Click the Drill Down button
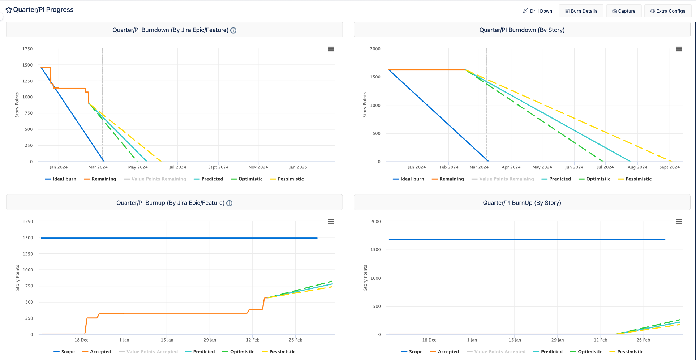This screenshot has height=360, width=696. pos(537,11)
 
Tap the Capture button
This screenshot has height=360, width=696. pos(624,11)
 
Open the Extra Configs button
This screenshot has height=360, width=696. pos(668,11)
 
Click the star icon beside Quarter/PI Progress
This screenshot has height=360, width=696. pos(9,10)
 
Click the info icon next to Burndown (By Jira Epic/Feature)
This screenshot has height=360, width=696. pos(233,30)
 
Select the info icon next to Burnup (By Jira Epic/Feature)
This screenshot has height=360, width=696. pos(229,203)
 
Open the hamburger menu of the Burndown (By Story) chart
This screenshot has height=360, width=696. pos(679,49)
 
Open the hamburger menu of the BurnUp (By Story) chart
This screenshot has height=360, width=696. pos(679,222)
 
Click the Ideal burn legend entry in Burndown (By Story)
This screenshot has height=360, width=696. pos(408,179)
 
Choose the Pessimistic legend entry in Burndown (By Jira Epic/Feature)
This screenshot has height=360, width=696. pos(287,179)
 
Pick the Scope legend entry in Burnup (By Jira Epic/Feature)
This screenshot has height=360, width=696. pos(64,352)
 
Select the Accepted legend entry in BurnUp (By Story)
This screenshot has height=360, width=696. pos(444,352)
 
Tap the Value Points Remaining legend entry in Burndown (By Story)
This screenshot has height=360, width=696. pos(503,179)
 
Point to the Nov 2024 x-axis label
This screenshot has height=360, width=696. pos(258,167)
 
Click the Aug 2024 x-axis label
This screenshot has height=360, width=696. pos(637,167)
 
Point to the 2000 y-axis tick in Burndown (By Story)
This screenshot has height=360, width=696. pos(375,49)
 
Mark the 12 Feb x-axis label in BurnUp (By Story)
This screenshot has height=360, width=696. pos(600,340)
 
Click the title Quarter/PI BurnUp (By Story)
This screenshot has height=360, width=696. pos(522,203)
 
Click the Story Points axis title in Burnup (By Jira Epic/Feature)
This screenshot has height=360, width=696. pos(17,278)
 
